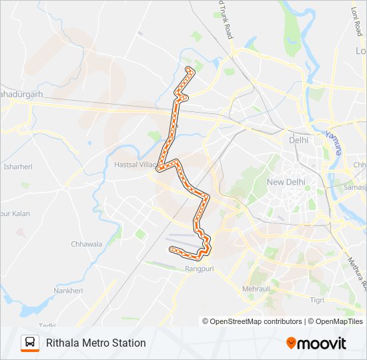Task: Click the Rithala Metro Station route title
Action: (x=95, y=343)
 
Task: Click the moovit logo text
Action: (x=322, y=343)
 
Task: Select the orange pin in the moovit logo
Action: (x=292, y=343)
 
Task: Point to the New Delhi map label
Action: (x=286, y=183)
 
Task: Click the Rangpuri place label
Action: (x=198, y=269)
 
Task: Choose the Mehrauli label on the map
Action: (x=256, y=289)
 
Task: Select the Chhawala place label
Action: (x=86, y=244)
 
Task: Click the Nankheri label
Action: (x=68, y=291)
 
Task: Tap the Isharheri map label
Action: (x=17, y=167)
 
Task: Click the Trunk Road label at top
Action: (x=226, y=20)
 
